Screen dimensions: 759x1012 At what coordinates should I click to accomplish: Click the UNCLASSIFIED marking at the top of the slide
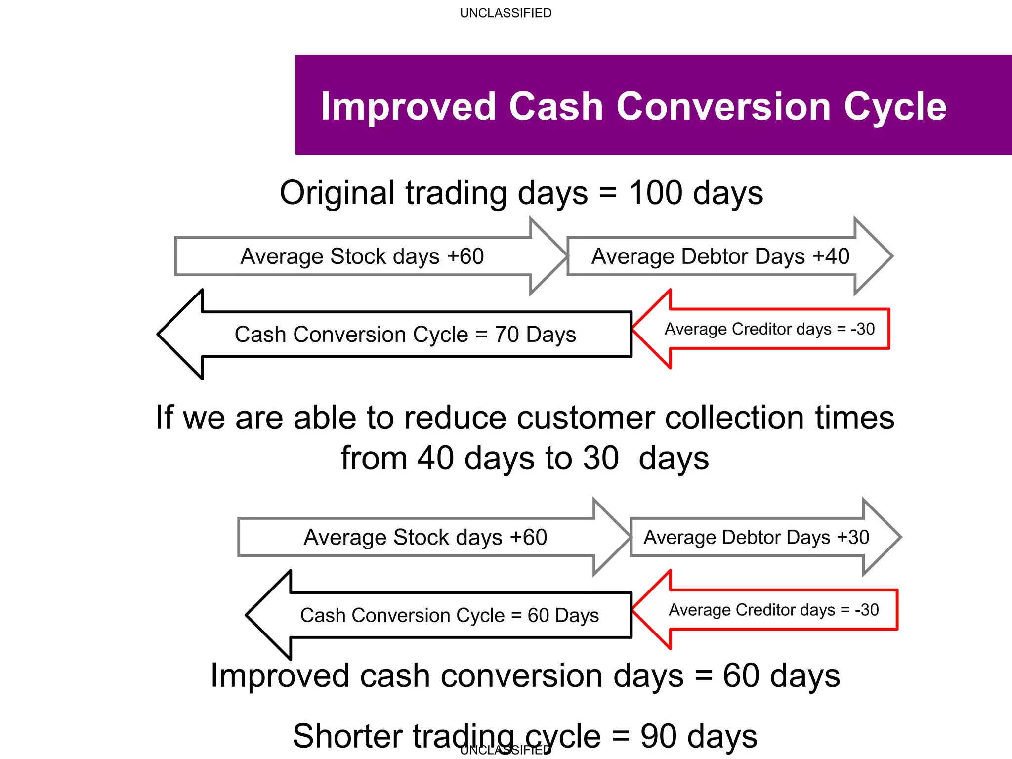(506, 13)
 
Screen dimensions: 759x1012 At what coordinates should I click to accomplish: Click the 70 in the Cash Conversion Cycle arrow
(506, 335)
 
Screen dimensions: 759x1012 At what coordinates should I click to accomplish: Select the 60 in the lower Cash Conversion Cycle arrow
(538, 616)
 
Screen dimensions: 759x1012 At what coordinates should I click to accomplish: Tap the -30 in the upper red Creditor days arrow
(863, 329)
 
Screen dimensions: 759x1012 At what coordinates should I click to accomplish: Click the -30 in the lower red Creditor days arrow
(867, 610)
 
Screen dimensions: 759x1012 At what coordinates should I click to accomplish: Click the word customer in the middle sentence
(586, 418)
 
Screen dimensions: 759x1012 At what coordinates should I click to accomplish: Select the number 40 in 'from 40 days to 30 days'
(435, 458)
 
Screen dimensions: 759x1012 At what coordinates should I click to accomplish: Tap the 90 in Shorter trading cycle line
(659, 736)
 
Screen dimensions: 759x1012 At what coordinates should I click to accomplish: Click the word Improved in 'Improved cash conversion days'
(279, 675)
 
